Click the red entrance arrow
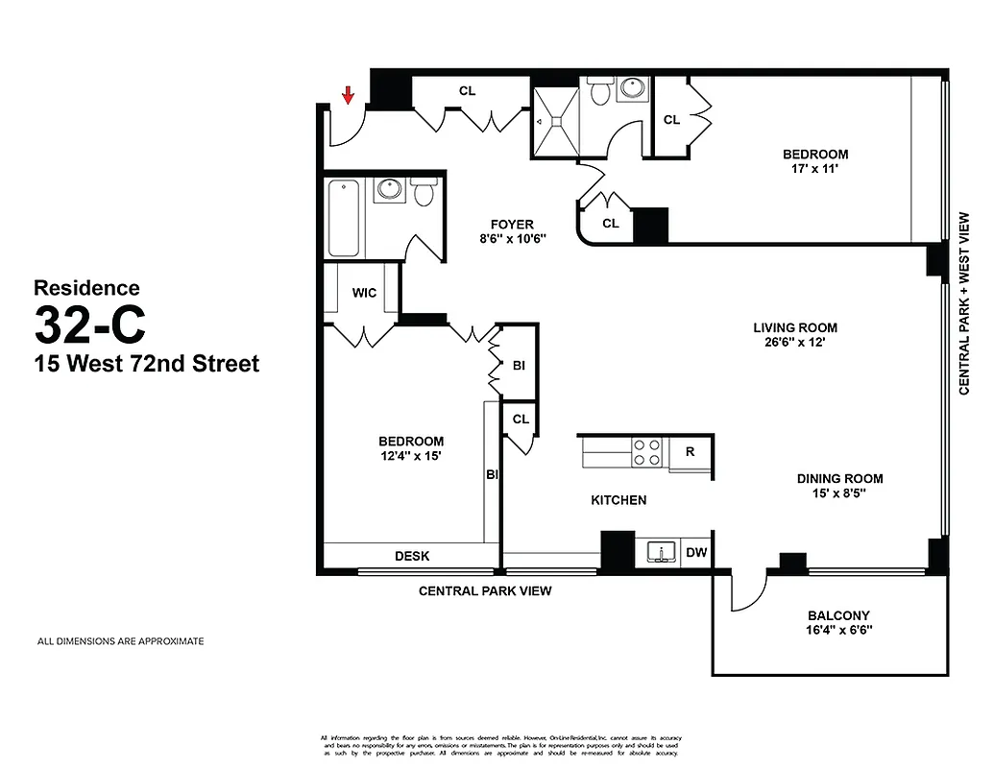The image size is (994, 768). pyautogui.click(x=349, y=93)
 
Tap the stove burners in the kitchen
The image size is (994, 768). pyautogui.click(x=646, y=452)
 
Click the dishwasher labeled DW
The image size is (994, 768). pyautogui.click(x=696, y=552)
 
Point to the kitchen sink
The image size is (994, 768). pyautogui.click(x=660, y=552)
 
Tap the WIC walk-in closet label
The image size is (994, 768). pyautogui.click(x=363, y=292)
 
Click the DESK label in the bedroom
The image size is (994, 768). pyautogui.click(x=412, y=556)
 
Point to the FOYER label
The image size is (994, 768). pyautogui.click(x=511, y=225)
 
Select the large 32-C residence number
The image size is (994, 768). pyautogui.click(x=90, y=324)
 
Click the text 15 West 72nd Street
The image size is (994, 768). pyautogui.click(x=146, y=365)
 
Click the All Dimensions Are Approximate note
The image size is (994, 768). pyautogui.click(x=120, y=641)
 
